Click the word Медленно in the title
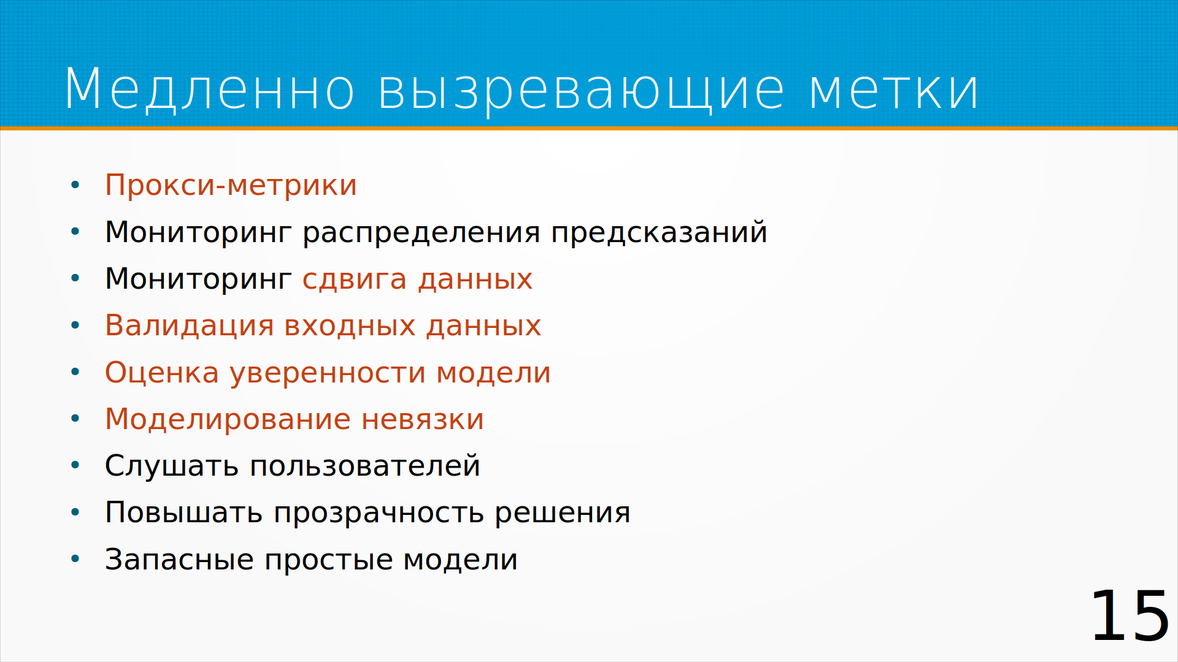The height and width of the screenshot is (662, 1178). click(209, 89)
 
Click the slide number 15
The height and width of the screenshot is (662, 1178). click(1130, 615)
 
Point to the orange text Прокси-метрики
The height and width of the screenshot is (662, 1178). click(231, 185)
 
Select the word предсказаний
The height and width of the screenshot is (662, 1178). click(659, 232)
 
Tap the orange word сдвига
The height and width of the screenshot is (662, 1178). click(355, 280)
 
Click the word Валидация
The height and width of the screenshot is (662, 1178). click(189, 325)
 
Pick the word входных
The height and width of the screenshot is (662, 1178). click(350, 325)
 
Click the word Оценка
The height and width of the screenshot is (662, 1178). click(162, 373)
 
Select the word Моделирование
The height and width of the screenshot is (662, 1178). click(228, 420)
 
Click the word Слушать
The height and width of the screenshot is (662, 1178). click(171, 466)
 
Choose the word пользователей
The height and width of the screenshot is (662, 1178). click(364, 466)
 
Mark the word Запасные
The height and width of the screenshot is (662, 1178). click(179, 560)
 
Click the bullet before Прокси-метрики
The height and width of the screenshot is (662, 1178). click(75, 185)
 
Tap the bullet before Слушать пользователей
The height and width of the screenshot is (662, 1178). click(75, 465)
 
